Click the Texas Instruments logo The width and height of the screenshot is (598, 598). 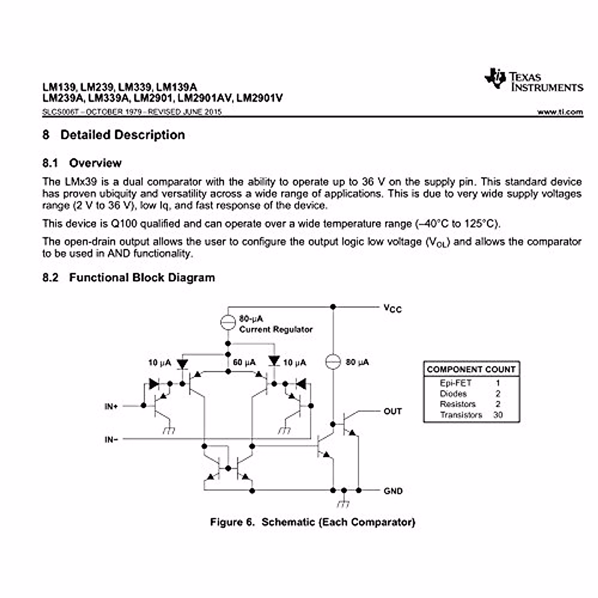[x=533, y=81]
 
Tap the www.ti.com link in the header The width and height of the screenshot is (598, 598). [x=560, y=112]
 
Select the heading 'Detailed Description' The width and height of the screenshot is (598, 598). [x=122, y=135]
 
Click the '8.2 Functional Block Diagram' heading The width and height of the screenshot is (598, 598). [x=129, y=278]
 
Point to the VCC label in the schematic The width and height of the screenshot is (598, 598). [x=392, y=308]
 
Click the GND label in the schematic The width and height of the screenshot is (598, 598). [x=393, y=491]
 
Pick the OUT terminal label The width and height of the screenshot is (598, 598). [x=392, y=412]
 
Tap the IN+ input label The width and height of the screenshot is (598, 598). [x=111, y=407]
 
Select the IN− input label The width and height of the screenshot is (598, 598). [x=111, y=440]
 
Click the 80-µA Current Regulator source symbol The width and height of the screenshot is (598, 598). [x=228, y=323]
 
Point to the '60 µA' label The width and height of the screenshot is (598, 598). [x=244, y=363]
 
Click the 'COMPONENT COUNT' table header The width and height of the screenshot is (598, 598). [x=471, y=370]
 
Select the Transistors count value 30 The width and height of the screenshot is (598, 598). [x=498, y=415]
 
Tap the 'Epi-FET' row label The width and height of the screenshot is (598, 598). [x=455, y=383]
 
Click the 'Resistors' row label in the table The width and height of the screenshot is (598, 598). [x=457, y=404]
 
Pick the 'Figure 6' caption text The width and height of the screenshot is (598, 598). [x=232, y=522]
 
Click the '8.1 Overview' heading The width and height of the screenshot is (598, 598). [x=82, y=163]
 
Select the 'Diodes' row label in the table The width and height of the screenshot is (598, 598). [x=453, y=394]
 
